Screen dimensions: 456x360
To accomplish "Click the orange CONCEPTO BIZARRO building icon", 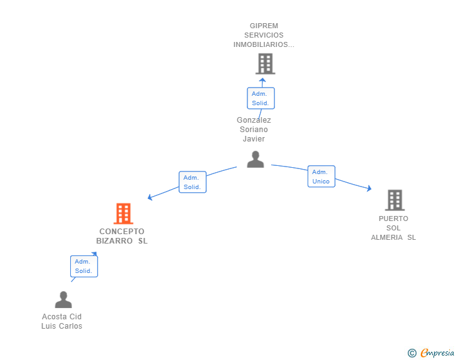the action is [123, 213].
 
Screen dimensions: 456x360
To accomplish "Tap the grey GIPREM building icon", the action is [265, 64].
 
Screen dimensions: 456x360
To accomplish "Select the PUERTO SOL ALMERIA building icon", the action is [395, 200].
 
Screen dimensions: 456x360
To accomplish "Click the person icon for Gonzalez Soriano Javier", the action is [256, 160].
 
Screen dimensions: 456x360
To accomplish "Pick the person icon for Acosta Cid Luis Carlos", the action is [63, 299].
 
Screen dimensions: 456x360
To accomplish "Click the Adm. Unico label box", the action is [321, 177].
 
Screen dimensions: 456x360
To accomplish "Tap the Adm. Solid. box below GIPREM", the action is [261, 98].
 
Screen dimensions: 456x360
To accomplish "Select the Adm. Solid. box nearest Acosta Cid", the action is [84, 266].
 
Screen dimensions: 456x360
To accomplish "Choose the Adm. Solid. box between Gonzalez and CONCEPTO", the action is [192, 182].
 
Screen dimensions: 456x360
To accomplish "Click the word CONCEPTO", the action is [122, 232].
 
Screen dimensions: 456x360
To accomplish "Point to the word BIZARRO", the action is [114, 241].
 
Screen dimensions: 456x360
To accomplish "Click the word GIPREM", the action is [264, 26].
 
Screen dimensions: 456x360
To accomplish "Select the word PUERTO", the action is [393, 219].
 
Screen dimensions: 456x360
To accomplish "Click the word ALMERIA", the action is [387, 237].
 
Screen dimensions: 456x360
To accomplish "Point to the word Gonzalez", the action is [254, 120].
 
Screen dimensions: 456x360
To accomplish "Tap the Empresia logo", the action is [431, 353].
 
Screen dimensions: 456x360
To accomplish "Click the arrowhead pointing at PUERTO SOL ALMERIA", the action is [369, 188].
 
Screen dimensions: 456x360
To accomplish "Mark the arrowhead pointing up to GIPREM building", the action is [262, 80].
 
